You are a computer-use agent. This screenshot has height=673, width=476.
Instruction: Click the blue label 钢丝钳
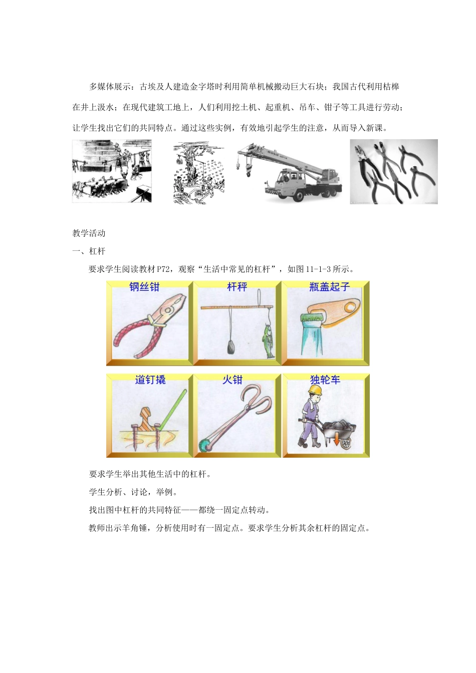pos(144,287)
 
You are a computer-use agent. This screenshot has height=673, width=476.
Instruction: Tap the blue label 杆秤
pos(237,287)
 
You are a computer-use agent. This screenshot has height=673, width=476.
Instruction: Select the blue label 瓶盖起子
pos(329,287)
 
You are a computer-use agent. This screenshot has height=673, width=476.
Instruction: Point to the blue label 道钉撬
pos(150,380)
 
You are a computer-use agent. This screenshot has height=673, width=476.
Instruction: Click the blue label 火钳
pos(232,380)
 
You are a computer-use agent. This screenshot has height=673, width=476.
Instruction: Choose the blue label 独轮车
pos(325,380)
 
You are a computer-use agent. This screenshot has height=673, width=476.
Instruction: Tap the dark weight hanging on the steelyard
pos(231,346)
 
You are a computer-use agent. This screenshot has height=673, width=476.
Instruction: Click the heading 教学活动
pos(89,233)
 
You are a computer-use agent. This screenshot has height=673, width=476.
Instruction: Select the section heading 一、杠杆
pos(89,251)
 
